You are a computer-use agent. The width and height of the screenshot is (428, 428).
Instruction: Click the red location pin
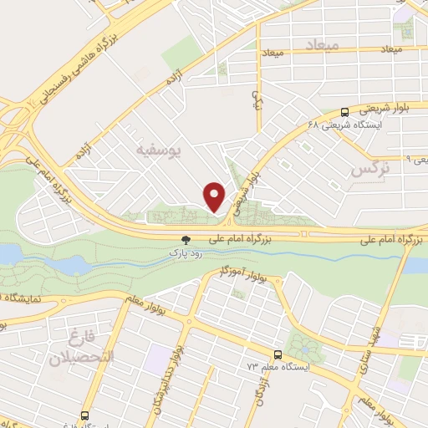215,196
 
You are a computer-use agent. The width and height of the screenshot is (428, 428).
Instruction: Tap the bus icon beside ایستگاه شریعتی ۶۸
345,111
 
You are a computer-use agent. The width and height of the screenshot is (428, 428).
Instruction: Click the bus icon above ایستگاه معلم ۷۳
278,354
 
